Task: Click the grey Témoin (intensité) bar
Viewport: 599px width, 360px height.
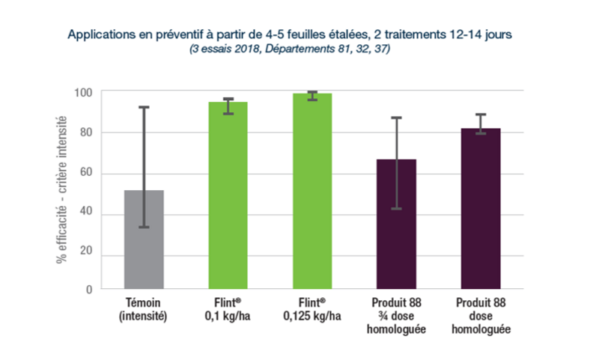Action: point(143,240)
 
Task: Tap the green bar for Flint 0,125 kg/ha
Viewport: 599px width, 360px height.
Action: point(312,191)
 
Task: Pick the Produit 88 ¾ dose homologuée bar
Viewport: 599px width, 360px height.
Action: point(396,224)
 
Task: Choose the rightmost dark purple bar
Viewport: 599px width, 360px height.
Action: point(480,209)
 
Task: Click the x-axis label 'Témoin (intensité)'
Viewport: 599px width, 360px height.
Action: point(143,311)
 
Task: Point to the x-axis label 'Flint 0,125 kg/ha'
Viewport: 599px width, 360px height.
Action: point(312,311)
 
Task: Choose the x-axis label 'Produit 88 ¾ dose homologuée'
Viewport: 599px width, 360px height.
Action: point(396,317)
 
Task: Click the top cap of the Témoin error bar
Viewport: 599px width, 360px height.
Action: point(143,107)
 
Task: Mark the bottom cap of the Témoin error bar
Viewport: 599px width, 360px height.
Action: point(143,227)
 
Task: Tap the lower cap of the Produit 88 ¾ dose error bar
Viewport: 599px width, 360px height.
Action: point(396,209)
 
